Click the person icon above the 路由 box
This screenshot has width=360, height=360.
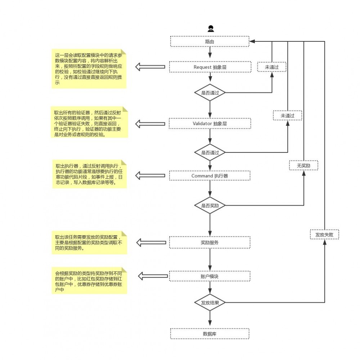point(210,29)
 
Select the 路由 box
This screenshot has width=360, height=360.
point(210,41)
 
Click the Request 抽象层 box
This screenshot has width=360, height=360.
point(210,67)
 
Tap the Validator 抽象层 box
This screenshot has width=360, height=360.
point(210,124)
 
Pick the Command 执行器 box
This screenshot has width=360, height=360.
point(210,176)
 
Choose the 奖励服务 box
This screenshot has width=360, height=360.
point(210,242)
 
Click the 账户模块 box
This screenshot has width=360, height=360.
point(210,276)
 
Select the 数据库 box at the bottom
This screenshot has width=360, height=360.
point(210,334)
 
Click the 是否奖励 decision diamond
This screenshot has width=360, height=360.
point(210,205)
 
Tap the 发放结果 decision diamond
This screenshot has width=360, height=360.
point(210,302)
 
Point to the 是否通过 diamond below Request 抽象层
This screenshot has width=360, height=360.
point(210,93)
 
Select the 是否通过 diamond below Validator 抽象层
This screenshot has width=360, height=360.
point(210,152)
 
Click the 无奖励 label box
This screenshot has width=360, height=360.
point(303,166)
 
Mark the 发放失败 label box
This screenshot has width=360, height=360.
point(324,235)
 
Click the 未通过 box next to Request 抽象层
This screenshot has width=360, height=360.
point(272,67)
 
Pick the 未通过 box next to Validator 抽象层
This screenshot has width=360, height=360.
point(287,115)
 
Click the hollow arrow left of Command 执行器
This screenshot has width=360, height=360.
point(150,176)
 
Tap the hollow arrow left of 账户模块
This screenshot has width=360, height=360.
point(153,276)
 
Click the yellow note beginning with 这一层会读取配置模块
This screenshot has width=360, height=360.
point(89,69)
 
